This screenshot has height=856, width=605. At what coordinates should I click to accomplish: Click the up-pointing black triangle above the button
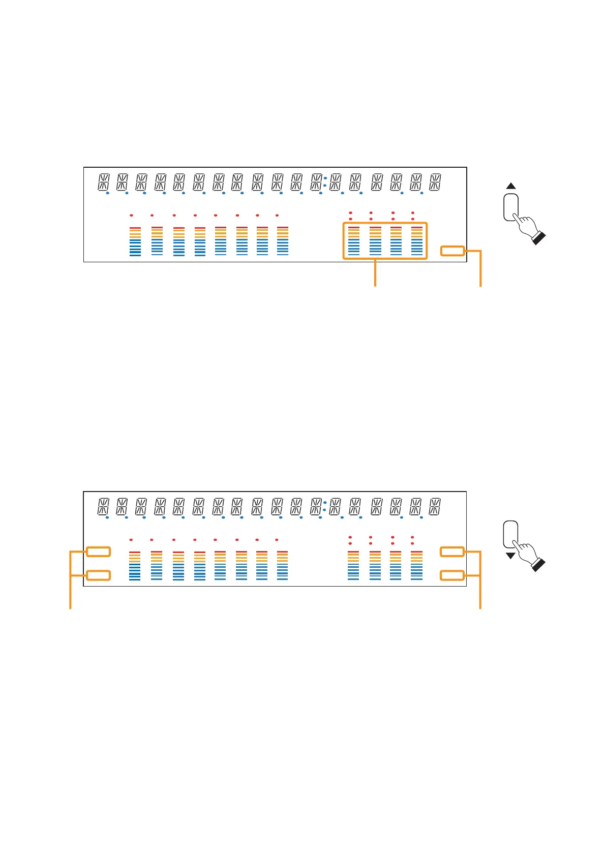tap(511, 186)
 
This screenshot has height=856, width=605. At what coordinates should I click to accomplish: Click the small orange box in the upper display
tap(452, 251)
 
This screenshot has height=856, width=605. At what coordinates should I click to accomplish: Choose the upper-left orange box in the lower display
tap(98, 552)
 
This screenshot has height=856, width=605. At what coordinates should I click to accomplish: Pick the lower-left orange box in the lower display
tap(98, 575)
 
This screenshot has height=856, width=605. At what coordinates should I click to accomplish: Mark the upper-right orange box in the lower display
tap(452, 552)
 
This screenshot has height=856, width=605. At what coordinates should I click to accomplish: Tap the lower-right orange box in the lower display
tap(452, 575)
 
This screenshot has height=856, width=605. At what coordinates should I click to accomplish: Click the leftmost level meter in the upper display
tap(135, 241)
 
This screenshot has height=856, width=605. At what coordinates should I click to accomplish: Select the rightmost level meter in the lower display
tap(416, 565)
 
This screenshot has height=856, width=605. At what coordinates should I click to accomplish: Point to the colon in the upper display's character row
tap(325, 182)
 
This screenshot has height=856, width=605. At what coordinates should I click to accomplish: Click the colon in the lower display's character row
tap(324, 506)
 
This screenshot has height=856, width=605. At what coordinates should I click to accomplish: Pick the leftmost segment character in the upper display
tap(104, 182)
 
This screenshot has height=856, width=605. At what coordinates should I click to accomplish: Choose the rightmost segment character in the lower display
tap(435, 507)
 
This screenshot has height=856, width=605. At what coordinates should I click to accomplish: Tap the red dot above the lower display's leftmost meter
tap(131, 539)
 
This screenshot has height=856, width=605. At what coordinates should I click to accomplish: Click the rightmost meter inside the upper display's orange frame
tap(417, 241)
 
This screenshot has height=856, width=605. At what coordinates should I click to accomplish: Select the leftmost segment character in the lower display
tap(103, 507)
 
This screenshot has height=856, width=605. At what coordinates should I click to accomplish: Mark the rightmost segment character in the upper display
tap(435, 182)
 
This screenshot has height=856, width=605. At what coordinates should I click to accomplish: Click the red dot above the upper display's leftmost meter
tap(131, 215)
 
